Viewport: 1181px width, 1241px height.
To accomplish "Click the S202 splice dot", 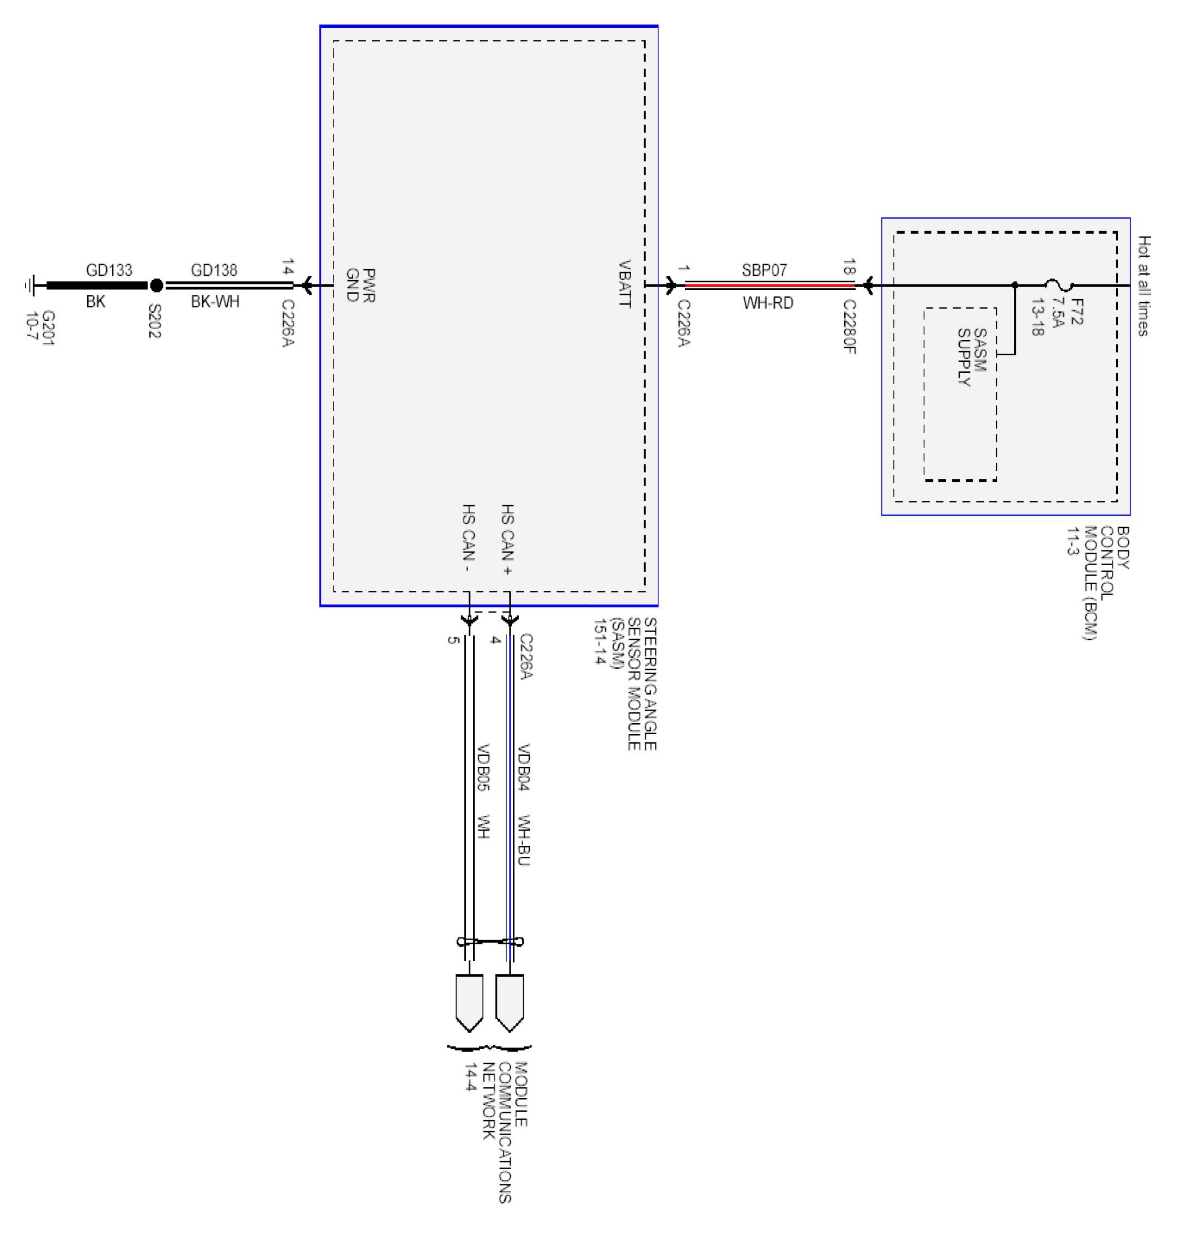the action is pyautogui.click(x=156, y=286).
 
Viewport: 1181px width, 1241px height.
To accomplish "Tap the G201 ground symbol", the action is pyautogui.click(x=29, y=286).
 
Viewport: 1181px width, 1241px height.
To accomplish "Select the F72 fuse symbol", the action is pyautogui.click(x=1059, y=286).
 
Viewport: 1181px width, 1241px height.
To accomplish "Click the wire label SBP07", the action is pyautogui.click(x=764, y=270).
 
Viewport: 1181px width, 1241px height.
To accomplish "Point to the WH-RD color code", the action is pyautogui.click(x=767, y=303).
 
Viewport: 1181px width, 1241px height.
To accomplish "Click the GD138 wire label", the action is pyautogui.click(x=214, y=270).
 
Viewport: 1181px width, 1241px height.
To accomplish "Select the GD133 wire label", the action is pyautogui.click(x=109, y=270).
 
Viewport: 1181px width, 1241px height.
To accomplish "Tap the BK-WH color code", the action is pyautogui.click(x=215, y=301).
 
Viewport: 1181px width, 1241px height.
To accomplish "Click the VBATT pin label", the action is pyautogui.click(x=624, y=283).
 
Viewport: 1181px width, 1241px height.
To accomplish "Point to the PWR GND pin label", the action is pyautogui.click(x=361, y=286).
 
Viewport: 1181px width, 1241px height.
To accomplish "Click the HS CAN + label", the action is pyautogui.click(x=507, y=540).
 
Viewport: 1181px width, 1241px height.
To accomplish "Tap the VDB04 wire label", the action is pyautogui.click(x=523, y=767).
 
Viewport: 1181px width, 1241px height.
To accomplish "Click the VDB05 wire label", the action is pyautogui.click(x=483, y=767).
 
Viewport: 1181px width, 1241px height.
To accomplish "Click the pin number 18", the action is pyautogui.click(x=849, y=267).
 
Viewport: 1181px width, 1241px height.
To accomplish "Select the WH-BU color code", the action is pyautogui.click(x=523, y=840).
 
